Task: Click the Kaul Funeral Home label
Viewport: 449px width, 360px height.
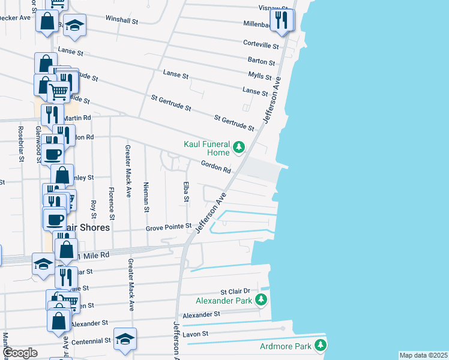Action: click(208, 147)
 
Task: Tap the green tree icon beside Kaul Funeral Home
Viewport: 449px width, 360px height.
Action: click(239, 147)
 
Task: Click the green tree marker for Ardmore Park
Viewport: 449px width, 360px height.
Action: click(321, 345)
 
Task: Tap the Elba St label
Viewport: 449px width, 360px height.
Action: click(187, 190)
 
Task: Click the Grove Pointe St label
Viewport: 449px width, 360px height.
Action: click(169, 228)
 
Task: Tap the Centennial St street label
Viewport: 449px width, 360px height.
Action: click(90, 340)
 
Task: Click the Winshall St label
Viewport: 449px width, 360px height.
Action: click(122, 20)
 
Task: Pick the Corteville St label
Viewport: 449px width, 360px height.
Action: click(261, 45)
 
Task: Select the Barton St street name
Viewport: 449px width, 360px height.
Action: click(261, 61)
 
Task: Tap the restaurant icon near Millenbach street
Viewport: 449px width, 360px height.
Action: click(281, 20)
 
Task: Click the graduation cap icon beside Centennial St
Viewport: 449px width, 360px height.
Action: click(124, 340)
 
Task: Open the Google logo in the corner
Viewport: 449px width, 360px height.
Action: click(20, 353)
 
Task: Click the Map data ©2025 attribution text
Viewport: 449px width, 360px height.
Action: click(423, 355)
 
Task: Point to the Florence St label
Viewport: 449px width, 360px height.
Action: click(112, 202)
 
